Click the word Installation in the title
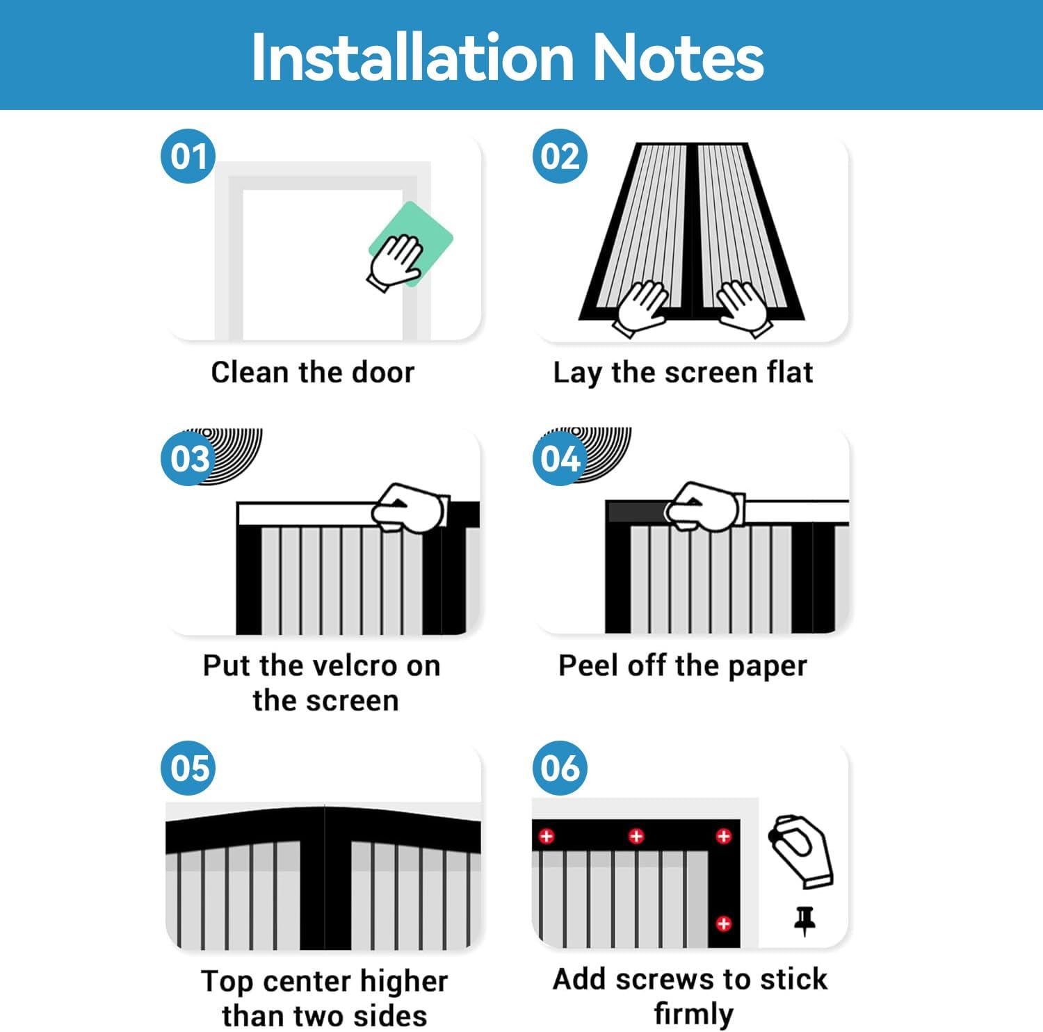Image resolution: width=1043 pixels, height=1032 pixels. tap(412, 57)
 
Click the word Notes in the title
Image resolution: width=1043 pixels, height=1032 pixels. tap(678, 57)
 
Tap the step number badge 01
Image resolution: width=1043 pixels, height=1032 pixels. tap(188, 156)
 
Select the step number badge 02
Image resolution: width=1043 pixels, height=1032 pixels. tap(560, 156)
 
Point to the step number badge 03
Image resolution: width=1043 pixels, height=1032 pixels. tap(188, 458)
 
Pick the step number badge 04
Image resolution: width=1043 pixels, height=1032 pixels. tap(560, 458)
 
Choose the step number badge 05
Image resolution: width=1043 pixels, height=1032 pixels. tap(188, 768)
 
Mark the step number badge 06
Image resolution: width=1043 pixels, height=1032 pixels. tap(560, 768)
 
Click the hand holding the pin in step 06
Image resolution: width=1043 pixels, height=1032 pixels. tap(801, 851)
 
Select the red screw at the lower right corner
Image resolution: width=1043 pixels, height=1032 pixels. tap(724, 924)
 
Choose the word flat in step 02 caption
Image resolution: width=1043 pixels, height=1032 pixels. tap(789, 372)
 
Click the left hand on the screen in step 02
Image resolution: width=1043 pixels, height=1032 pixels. tap(640, 306)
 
